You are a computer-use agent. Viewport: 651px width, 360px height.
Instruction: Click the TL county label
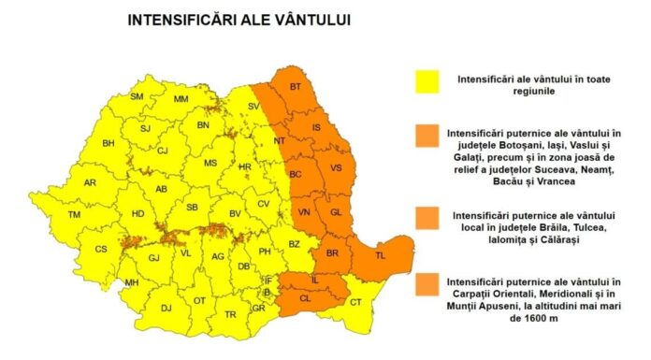point(380,255)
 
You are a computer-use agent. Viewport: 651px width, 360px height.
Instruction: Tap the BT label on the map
point(296,88)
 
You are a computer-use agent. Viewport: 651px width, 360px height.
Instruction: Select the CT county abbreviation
point(355,302)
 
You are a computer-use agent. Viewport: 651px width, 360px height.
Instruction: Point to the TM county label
point(75,215)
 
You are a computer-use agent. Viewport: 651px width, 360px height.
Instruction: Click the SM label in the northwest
point(137,96)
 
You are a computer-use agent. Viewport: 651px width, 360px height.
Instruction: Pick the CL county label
point(305,298)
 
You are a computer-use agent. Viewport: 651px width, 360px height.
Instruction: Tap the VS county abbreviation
point(336,168)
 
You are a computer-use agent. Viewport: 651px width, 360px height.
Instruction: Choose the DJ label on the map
point(166,307)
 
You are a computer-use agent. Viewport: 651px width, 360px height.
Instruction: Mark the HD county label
point(137,214)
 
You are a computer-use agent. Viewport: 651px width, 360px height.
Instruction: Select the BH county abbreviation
point(108,143)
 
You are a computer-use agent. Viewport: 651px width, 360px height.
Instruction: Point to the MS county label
point(210,164)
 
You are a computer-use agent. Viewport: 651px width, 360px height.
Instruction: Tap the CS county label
point(101,250)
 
